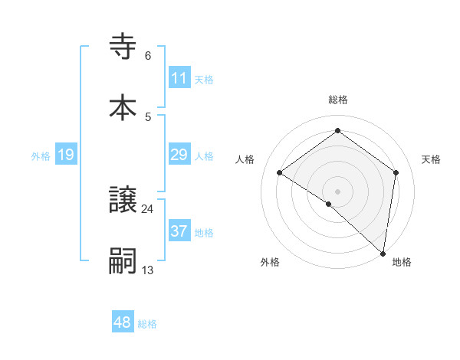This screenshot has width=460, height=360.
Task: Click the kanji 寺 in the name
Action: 123,48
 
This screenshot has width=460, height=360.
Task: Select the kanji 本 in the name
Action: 123,107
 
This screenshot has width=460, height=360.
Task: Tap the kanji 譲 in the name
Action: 123,201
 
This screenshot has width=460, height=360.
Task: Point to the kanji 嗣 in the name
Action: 123,260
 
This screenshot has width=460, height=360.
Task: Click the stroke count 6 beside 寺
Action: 148,56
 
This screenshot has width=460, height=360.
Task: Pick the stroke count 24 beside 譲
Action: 148,208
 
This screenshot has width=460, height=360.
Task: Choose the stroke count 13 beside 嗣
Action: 148,269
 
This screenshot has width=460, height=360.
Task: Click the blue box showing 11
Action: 179,78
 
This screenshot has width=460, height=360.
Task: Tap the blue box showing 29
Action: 179,155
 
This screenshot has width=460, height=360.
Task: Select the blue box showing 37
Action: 179,231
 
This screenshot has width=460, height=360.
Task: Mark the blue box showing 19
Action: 66,155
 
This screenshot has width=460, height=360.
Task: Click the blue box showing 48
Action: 123,322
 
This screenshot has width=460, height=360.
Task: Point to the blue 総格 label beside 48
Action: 147,324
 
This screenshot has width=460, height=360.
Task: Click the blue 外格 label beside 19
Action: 41,156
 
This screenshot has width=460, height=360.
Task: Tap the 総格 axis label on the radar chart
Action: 338,100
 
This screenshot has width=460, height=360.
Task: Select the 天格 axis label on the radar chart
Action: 431,159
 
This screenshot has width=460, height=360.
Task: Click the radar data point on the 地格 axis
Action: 383,254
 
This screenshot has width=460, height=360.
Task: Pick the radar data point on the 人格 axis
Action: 280,172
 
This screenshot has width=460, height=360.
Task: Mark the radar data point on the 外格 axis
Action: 329,204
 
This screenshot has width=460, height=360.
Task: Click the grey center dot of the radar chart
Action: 338,191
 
